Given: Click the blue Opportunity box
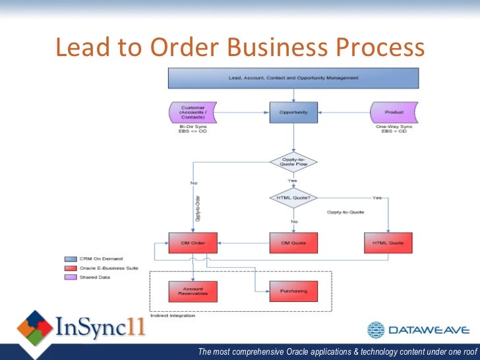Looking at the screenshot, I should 293,112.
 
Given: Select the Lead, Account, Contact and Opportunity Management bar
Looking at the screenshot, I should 293,78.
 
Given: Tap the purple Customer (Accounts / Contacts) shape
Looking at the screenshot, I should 193,111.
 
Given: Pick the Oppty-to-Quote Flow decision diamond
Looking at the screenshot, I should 293,163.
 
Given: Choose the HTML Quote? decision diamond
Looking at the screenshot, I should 293,198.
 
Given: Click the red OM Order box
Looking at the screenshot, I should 193,243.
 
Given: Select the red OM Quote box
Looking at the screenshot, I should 293,243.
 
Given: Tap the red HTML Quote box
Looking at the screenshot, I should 388,243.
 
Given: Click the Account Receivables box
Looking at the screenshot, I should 193,291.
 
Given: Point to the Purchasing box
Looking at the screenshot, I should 293,291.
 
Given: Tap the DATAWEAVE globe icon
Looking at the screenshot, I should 376,330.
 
